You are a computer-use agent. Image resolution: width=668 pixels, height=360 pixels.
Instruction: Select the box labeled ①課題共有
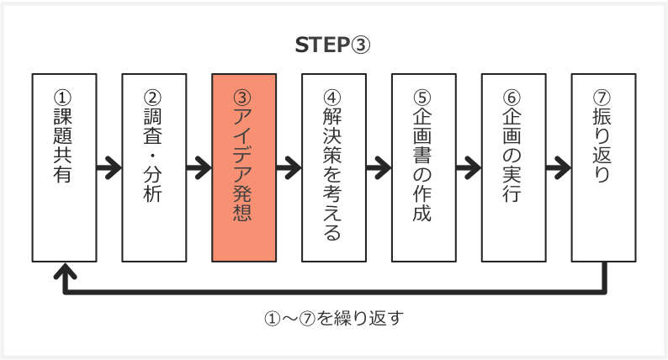point(64,167)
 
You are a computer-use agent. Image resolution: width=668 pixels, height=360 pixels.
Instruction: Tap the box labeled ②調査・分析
point(154,167)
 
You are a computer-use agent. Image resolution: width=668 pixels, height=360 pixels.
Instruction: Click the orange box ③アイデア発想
point(244,167)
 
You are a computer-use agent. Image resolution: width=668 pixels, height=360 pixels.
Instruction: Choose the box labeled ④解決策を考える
point(334,167)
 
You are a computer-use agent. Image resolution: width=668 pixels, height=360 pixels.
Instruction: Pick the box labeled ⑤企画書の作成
point(424,167)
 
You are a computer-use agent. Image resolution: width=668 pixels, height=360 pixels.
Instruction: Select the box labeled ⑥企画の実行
point(513,167)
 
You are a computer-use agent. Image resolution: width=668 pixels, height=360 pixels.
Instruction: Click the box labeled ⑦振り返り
point(603,167)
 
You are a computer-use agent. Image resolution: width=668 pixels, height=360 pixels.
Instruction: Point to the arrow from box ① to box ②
point(109,167)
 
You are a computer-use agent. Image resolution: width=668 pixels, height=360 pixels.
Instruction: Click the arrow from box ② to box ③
point(199,167)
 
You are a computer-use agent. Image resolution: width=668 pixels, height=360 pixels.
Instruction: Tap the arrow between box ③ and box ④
point(289,167)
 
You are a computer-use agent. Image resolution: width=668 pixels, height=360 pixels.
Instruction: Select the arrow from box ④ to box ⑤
point(379,167)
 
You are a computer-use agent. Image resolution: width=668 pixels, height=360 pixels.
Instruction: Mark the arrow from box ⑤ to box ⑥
point(469,167)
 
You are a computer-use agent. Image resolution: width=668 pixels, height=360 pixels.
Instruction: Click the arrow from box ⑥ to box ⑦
point(559,167)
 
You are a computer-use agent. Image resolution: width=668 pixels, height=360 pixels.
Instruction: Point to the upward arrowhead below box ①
point(65,273)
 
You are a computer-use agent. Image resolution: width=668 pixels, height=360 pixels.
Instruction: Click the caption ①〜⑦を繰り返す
point(335,319)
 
